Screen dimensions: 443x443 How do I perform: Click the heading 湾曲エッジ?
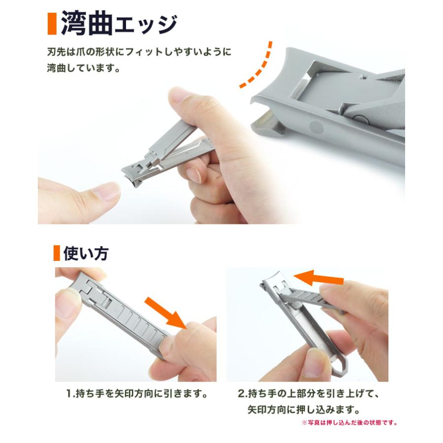tap(119, 24)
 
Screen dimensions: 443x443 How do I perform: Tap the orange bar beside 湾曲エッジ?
tap(52, 24)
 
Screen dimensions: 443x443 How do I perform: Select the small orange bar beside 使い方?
tap(57, 253)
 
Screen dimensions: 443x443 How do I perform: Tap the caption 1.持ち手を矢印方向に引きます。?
tap(135, 394)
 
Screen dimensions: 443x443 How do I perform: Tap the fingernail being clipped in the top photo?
tap(106, 191)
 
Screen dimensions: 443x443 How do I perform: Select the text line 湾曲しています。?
tap(84, 67)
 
